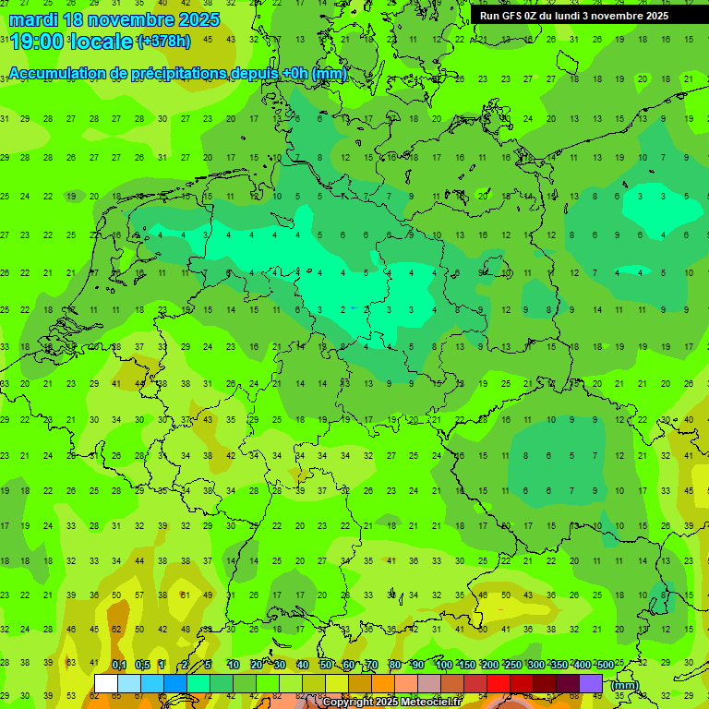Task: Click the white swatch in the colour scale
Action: [x=106, y=684]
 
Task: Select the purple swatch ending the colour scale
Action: [x=591, y=684]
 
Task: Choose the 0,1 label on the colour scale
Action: [x=119, y=666]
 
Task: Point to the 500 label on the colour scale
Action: [x=605, y=666]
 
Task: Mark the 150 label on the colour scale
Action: [x=466, y=666]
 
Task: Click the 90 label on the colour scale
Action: [x=417, y=666]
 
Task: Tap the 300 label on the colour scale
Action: [x=535, y=666]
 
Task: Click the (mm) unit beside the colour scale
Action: [x=625, y=685]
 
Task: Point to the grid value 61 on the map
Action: [x=184, y=595]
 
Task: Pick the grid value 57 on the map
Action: [x=138, y=595]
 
